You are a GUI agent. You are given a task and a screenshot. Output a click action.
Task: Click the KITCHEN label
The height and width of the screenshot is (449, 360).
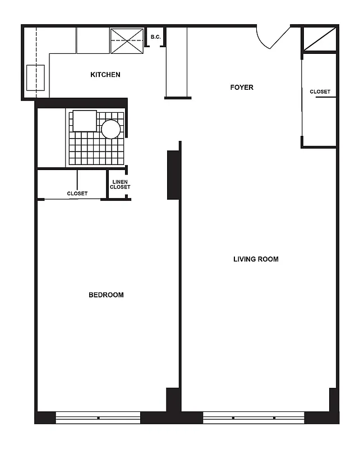(105, 75)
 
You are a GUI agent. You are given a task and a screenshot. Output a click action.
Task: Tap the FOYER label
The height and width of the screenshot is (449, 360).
(242, 88)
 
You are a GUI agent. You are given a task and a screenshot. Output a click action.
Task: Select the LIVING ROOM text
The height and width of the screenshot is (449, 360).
(256, 259)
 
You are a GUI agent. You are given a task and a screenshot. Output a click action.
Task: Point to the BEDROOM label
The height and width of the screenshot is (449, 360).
(106, 295)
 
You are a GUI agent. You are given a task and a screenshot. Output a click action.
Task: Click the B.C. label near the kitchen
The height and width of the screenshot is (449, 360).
(155, 38)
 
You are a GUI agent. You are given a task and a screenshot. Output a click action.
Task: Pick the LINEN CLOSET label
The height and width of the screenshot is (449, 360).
(120, 185)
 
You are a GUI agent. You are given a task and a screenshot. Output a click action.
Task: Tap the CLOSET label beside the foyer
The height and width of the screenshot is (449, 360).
(320, 92)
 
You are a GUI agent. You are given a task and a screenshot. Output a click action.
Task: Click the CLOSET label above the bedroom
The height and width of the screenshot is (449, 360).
(77, 194)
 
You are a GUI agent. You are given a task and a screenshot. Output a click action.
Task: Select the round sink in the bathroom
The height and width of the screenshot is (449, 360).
(110, 129)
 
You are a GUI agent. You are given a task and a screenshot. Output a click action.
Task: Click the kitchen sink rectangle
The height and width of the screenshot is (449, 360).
(36, 77)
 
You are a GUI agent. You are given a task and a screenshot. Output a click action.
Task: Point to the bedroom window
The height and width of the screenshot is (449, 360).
(98, 418)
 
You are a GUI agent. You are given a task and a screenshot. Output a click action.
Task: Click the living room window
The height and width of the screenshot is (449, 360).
(253, 418)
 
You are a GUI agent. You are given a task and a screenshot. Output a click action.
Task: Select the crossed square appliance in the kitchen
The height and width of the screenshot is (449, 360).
(126, 40)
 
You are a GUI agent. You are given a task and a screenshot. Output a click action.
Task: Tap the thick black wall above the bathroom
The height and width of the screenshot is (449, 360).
(81, 103)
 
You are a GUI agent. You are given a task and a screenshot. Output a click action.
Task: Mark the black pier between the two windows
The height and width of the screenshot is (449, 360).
(171, 418)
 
